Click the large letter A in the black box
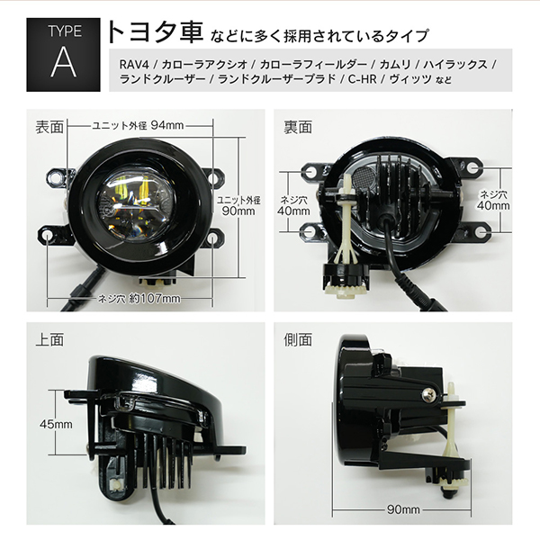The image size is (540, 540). click(x=64, y=62)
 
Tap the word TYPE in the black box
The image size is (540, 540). click(x=65, y=31)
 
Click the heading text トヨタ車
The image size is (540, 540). click(x=156, y=32)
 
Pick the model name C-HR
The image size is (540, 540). click(x=363, y=79)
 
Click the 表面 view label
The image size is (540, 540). click(x=49, y=127)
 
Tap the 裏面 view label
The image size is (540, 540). click(x=298, y=127)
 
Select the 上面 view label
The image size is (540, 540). click(x=49, y=339)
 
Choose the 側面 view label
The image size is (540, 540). click(x=298, y=339)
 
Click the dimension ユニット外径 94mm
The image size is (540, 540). click(x=138, y=125)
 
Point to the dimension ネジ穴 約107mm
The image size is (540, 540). click(x=139, y=298)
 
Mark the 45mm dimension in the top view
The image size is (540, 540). click(x=56, y=424)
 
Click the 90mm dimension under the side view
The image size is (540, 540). click(x=403, y=509)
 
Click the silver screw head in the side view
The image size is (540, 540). click(x=428, y=396)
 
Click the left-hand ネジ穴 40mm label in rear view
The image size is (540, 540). click(x=293, y=205)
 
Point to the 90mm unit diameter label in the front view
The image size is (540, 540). click(x=238, y=205)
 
